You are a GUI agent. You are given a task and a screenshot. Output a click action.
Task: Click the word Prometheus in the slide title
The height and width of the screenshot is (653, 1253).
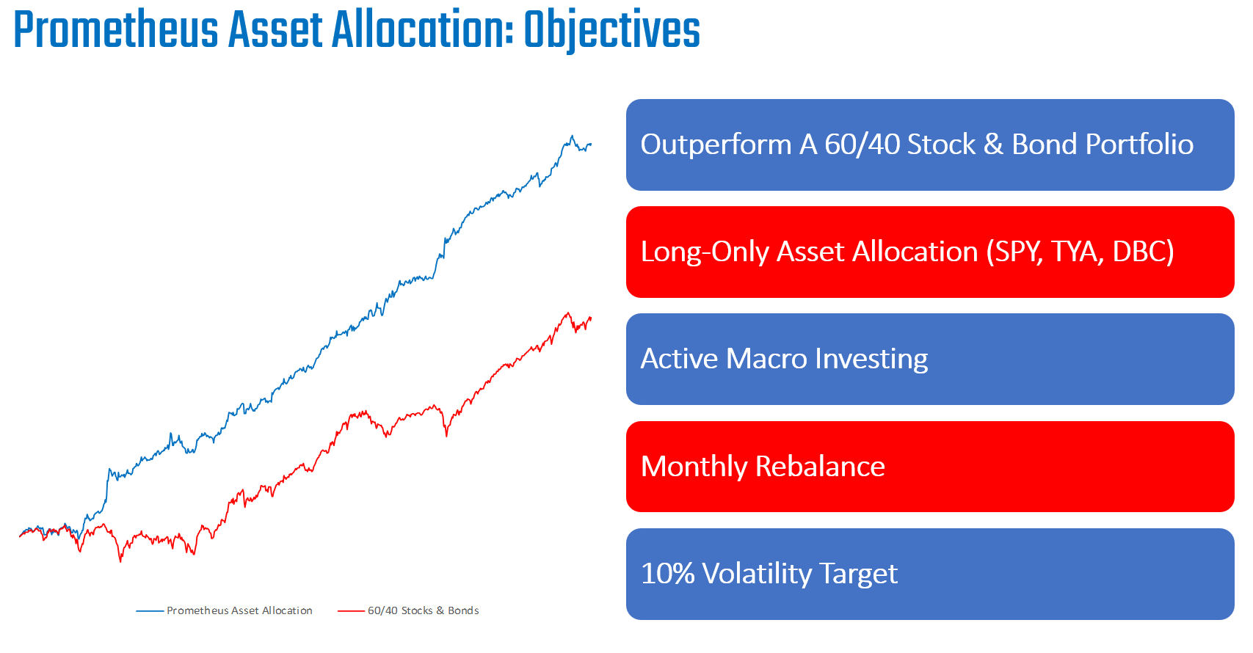tap(116, 31)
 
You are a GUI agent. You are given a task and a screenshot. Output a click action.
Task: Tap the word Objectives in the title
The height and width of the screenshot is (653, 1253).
tap(611, 31)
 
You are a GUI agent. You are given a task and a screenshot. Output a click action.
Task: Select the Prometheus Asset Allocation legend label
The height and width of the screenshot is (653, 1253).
tap(239, 610)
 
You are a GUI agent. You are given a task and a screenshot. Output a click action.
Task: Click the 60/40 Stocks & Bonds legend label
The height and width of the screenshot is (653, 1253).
tap(423, 610)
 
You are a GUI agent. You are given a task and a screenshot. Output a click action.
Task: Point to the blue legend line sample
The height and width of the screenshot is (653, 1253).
tap(150, 610)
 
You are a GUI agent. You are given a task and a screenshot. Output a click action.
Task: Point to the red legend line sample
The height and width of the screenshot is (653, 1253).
tap(351, 610)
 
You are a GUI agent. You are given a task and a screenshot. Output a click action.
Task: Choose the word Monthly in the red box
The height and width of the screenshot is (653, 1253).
tap(694, 467)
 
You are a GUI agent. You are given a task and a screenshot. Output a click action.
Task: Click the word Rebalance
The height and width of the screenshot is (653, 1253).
tap(820, 467)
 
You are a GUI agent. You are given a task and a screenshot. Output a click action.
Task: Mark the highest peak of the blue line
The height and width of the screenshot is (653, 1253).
tap(573, 136)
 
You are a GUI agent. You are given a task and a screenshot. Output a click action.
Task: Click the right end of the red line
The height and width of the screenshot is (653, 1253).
tap(590, 318)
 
